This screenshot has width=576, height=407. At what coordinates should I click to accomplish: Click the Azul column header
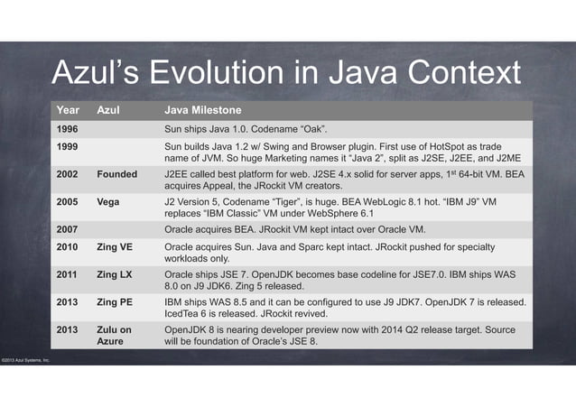[x=108, y=111]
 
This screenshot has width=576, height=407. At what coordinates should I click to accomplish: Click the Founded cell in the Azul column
[x=116, y=172]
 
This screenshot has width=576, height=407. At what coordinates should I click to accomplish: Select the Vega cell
[x=108, y=201]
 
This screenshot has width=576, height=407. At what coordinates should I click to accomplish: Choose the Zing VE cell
[x=116, y=246]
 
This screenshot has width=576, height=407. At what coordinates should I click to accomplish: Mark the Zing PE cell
[x=116, y=302]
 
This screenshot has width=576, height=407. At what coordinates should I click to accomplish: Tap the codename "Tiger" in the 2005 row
[x=301, y=201]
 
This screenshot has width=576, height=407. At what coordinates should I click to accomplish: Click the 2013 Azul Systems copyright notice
[x=24, y=361]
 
